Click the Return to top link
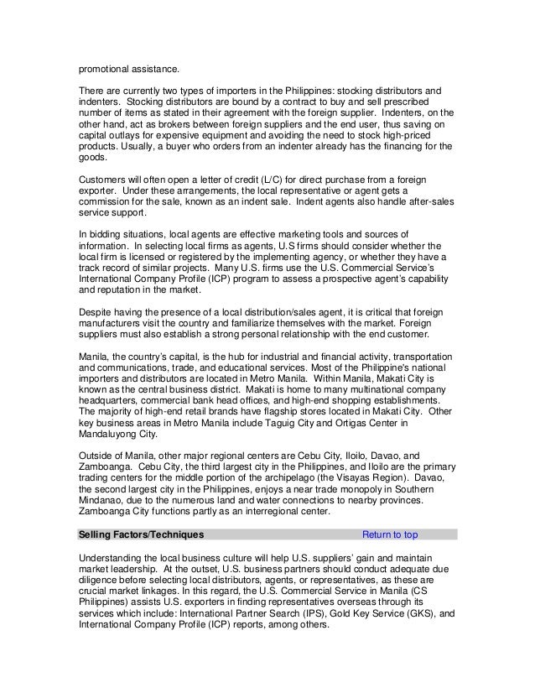coord(390,534)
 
